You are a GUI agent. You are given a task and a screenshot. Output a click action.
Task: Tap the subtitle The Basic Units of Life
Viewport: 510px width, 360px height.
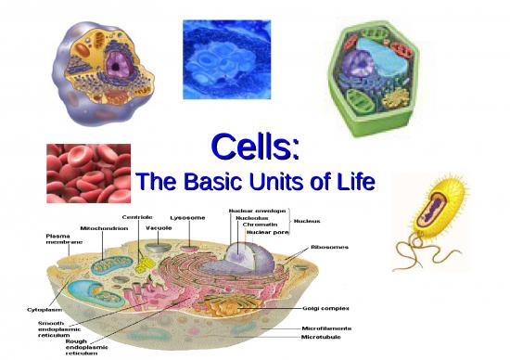pos(255,183)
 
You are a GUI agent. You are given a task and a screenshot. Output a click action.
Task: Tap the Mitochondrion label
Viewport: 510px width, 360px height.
pos(105,227)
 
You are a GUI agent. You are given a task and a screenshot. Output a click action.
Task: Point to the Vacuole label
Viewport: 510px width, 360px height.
pos(158,227)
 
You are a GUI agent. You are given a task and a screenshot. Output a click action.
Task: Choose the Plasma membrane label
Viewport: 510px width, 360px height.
pos(62,239)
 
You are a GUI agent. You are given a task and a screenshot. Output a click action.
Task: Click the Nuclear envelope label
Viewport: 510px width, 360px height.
pos(257,211)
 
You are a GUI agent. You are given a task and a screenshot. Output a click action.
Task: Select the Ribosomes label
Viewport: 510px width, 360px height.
pos(330,248)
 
